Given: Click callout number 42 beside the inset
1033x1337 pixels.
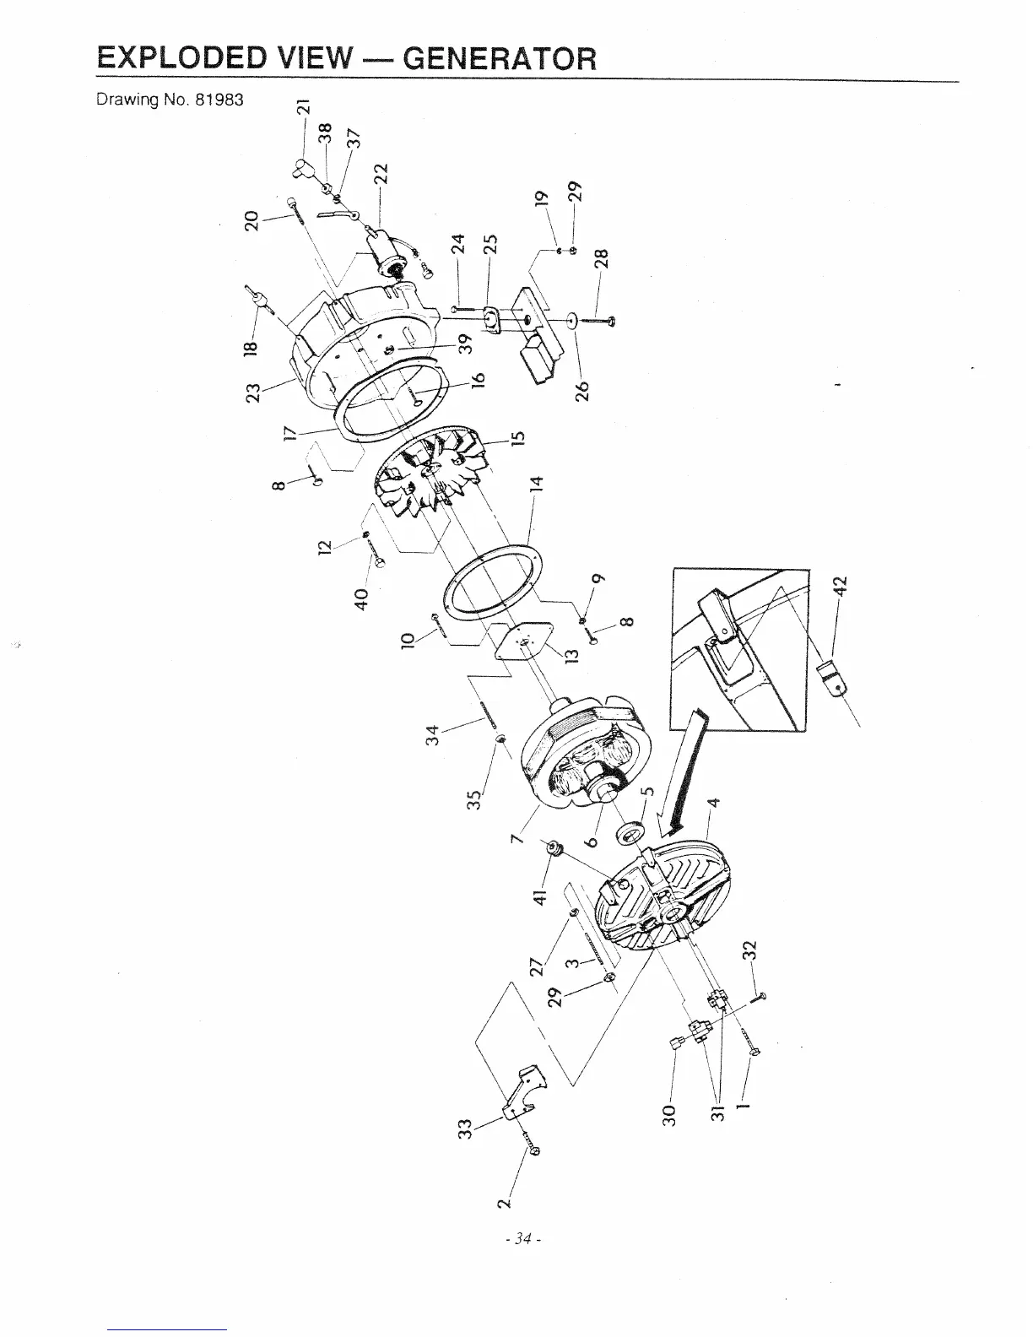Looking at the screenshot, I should [x=844, y=585].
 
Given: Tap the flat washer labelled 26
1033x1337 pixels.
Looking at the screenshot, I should [x=571, y=321].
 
